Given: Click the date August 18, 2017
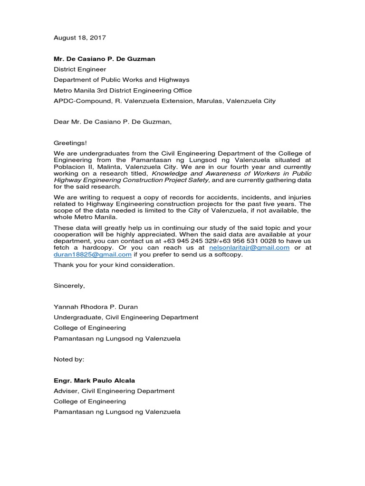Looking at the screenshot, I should [79, 37].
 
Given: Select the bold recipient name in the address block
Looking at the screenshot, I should [104, 59].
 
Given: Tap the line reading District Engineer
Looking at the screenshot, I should [79, 69].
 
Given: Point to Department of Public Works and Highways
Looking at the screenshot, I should [121, 80].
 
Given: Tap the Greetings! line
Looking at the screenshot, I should [70, 143].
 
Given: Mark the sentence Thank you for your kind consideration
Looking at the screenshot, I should [114, 265].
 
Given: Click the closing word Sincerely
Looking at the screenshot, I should [69, 286].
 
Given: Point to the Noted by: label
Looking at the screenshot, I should [69, 359].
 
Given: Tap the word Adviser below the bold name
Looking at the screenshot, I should [66, 391].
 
